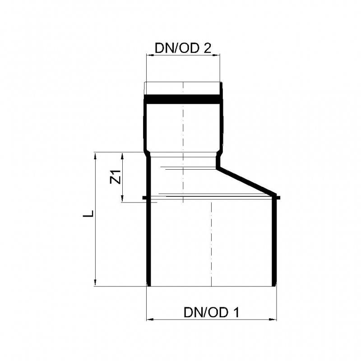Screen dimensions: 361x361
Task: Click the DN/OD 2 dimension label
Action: (x=183, y=48)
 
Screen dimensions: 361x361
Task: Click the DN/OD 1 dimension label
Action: (x=211, y=312)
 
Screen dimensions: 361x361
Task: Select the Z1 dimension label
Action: (x=116, y=177)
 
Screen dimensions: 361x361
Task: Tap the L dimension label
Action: (x=88, y=213)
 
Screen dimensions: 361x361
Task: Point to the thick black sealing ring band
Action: (x=183, y=99)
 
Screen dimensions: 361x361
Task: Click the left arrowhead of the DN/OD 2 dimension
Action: (x=150, y=55)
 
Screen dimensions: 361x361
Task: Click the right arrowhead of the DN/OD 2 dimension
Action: (x=216, y=55)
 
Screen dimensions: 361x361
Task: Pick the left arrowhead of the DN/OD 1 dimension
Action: (x=150, y=319)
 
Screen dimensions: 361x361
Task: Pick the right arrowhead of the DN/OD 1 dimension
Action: (x=273, y=319)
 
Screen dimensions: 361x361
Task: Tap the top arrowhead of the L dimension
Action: (x=95, y=156)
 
